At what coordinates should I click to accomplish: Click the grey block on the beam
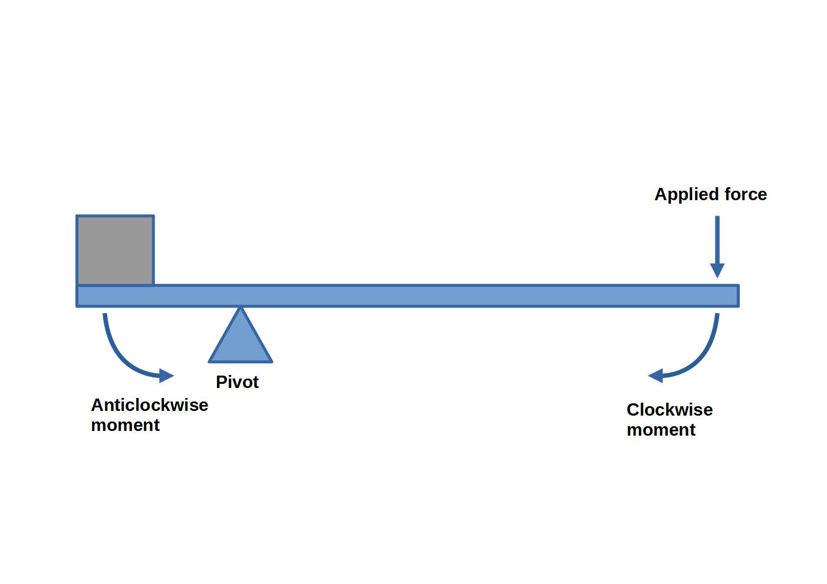tap(116, 250)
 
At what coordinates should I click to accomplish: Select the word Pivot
tap(237, 382)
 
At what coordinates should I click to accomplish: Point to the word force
tap(746, 194)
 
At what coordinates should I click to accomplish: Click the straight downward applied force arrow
tap(717, 241)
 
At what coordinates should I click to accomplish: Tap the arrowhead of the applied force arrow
tap(717, 270)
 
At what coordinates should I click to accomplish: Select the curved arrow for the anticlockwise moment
tap(121, 356)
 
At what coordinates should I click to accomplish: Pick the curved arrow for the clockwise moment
tap(701, 356)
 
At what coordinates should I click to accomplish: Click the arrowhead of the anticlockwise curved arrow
tap(167, 376)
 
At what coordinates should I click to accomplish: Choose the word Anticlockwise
tap(150, 405)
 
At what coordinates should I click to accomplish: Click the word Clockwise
tap(670, 410)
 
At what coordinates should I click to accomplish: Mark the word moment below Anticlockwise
tap(126, 425)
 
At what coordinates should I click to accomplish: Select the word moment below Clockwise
tap(661, 430)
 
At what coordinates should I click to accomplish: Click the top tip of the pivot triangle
tap(240, 308)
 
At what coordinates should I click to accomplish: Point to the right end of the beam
tap(737, 296)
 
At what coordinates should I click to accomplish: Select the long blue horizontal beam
tap(413, 296)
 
